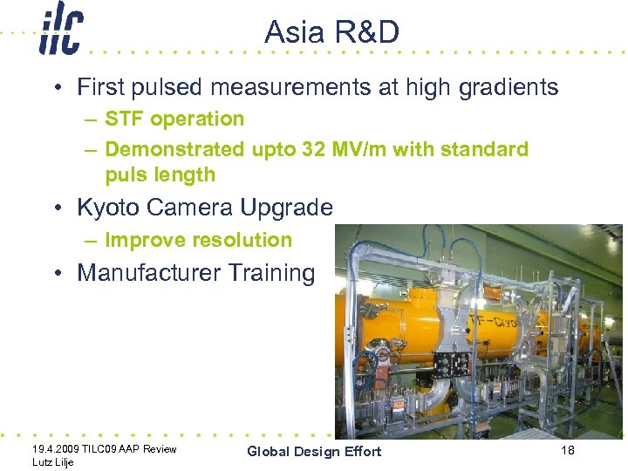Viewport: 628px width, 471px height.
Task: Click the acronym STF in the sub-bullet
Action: tap(123, 119)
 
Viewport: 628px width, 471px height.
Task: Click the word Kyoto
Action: tap(109, 208)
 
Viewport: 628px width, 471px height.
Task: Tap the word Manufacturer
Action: tap(148, 273)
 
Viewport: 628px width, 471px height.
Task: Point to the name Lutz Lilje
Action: tap(51, 462)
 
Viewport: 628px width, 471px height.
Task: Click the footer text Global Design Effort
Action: tap(314, 451)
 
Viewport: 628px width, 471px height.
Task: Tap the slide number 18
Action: tap(568, 449)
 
